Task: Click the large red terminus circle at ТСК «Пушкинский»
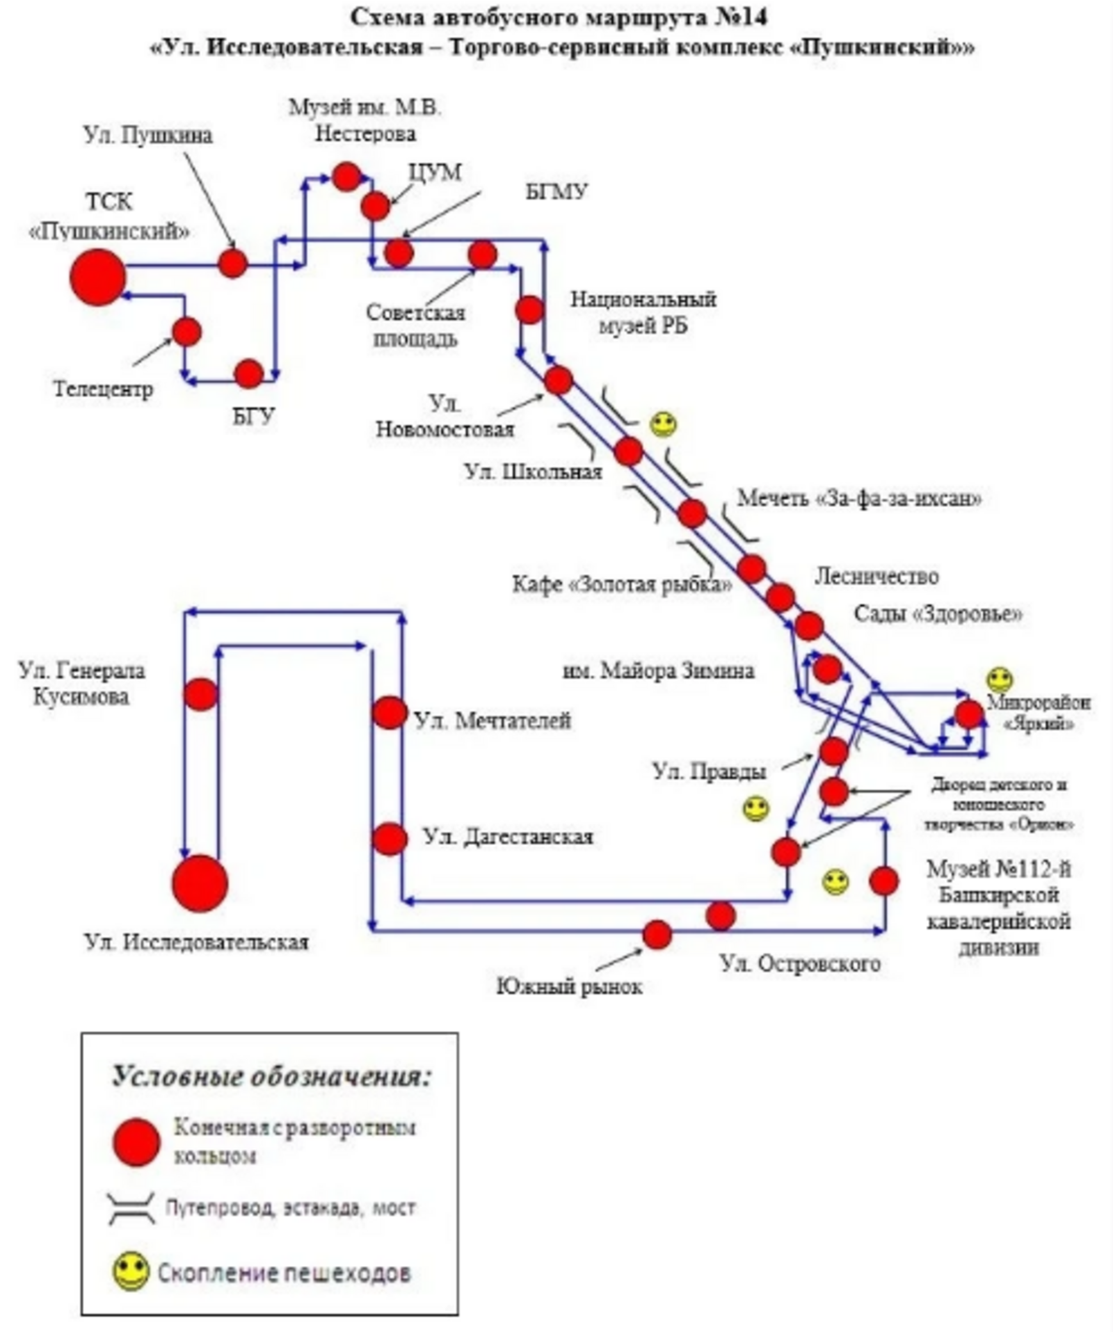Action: tap(97, 277)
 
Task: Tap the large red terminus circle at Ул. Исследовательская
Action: tap(200, 883)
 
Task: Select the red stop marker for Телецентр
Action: tap(186, 332)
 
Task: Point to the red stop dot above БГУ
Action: tap(248, 374)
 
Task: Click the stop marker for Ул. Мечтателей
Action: tap(389, 713)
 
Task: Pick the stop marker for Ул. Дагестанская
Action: tap(389, 839)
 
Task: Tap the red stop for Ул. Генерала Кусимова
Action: tap(201, 694)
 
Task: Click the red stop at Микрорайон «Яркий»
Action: tap(968, 714)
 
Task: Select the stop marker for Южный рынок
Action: tap(657, 934)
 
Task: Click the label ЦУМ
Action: tap(435, 172)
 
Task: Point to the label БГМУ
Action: tap(556, 191)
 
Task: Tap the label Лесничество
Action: tap(876, 576)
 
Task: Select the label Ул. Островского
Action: tap(800, 963)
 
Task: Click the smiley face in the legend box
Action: tap(131, 1271)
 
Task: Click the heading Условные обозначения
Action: tap(272, 1076)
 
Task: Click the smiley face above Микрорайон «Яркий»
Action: tap(1000, 680)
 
